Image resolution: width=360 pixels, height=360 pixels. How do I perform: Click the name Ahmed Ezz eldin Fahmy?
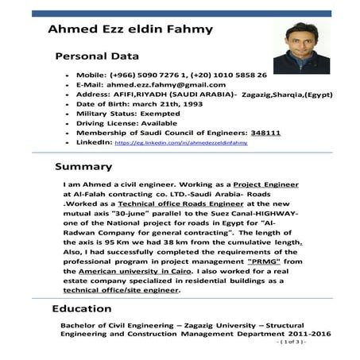(x=119, y=29)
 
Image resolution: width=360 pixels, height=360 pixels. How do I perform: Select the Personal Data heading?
(x=96, y=56)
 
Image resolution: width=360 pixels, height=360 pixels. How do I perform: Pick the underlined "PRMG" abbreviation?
(x=265, y=261)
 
